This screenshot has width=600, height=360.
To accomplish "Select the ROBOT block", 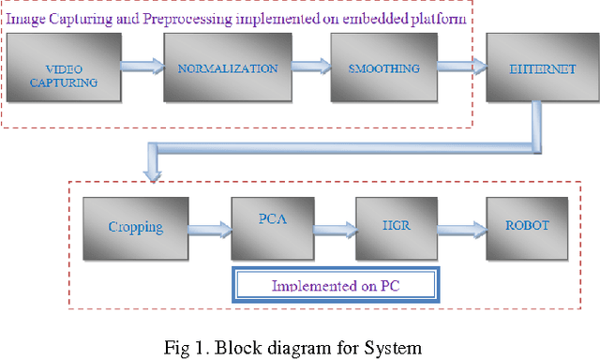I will click(x=525, y=225).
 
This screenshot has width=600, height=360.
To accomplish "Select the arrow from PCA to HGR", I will click(x=335, y=228).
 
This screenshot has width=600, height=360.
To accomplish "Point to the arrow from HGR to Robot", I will click(x=462, y=227).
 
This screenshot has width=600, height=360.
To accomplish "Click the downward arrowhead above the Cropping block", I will click(x=152, y=172).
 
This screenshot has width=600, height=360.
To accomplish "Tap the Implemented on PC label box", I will click(x=336, y=285).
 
